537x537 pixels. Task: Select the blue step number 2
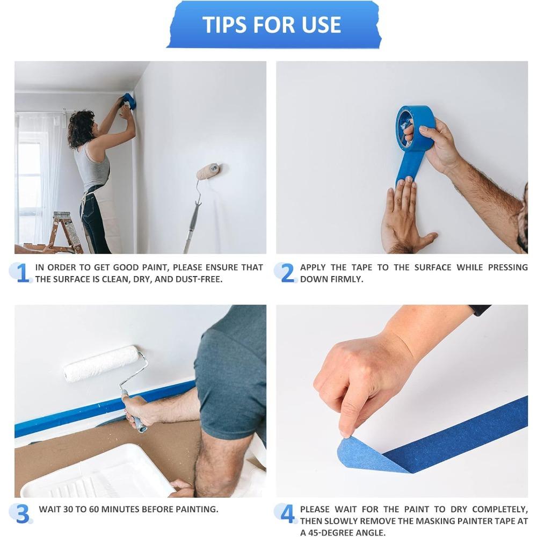pos(288,273)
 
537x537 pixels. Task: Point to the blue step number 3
pos(23,514)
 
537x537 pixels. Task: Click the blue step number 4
pos(288,514)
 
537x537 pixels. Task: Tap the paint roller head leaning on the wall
pos(208,171)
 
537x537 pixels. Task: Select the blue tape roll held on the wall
pos(416,128)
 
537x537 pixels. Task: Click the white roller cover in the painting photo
pos(100,364)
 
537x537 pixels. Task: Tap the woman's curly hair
pos(81,129)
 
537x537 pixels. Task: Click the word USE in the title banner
pos(321,25)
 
